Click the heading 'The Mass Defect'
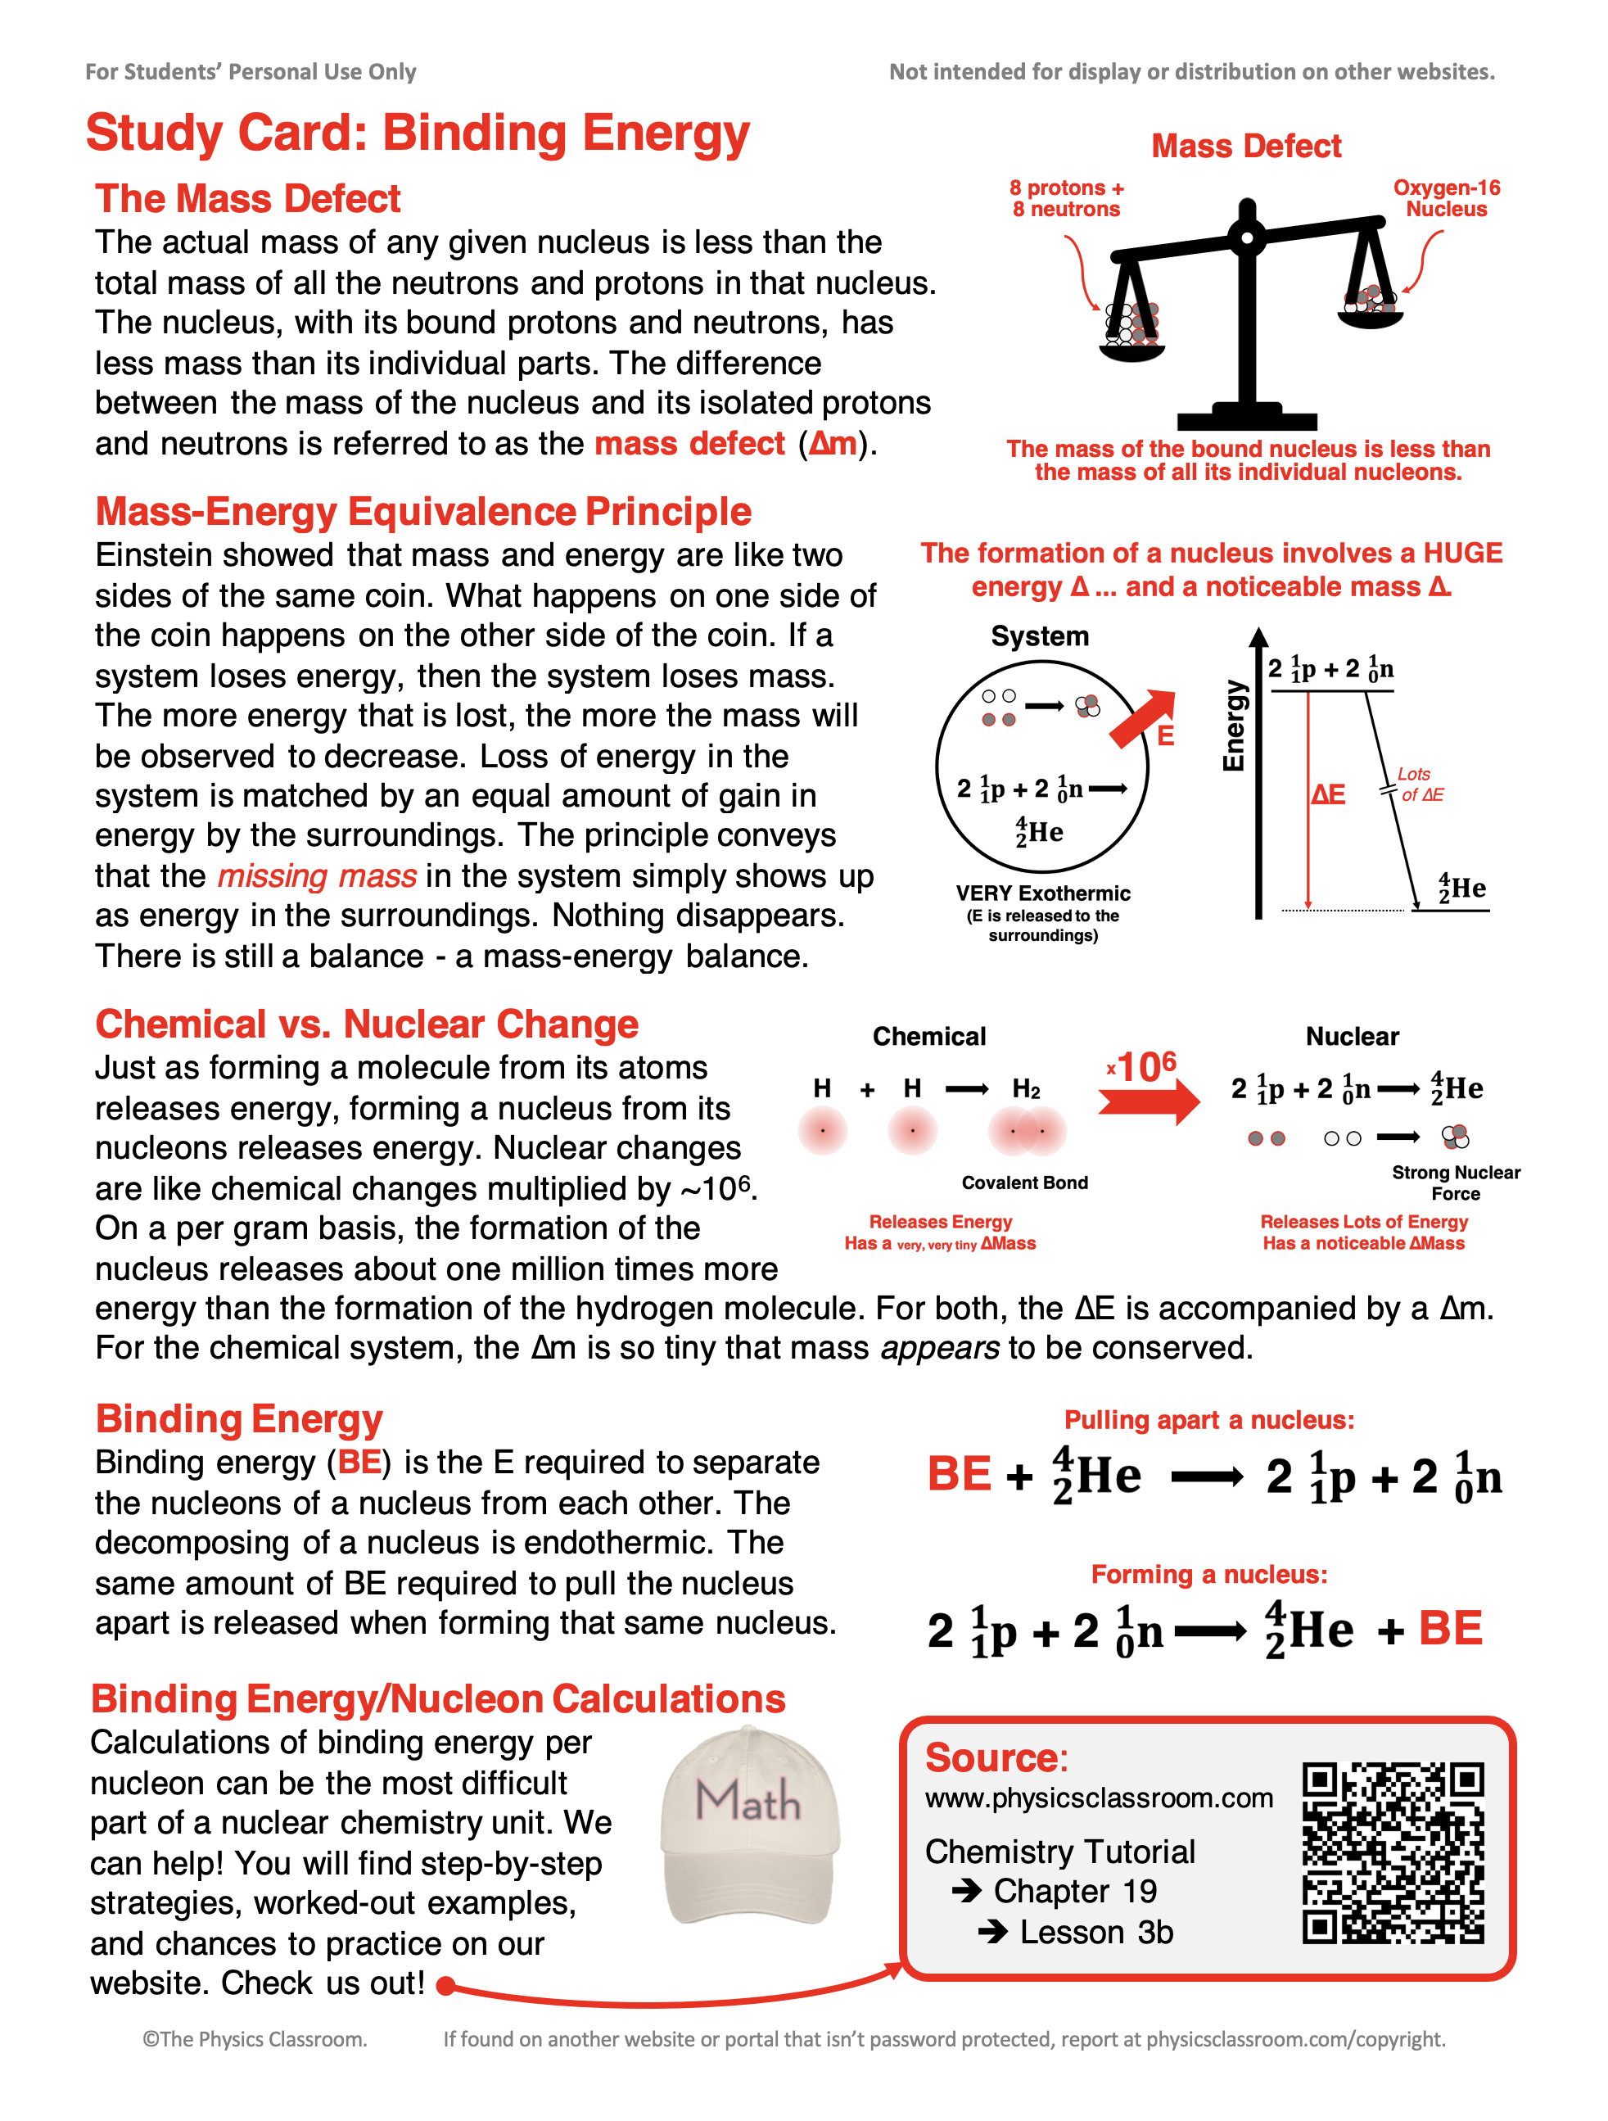[247, 198]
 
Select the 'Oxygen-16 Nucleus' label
[1446, 198]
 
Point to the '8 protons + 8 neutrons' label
[1066, 198]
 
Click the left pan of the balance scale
[1131, 341]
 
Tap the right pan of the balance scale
[1371, 312]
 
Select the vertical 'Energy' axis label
[1233, 726]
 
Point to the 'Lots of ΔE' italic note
[1419, 785]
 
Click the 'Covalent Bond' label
[1024, 1183]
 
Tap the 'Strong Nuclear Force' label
[1456, 1183]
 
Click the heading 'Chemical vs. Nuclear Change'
[366, 1024]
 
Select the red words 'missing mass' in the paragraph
[316, 875]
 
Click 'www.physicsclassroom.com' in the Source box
[1099, 1798]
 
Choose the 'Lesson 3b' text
[1096, 1932]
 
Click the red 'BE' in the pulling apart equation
[959, 1474]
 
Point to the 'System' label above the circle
[1040, 636]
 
